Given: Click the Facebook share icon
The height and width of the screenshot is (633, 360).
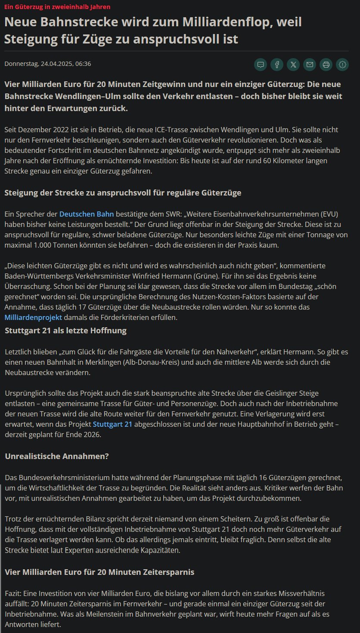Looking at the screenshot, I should (x=277, y=65).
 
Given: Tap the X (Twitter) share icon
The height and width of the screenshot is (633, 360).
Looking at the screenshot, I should (x=293, y=65).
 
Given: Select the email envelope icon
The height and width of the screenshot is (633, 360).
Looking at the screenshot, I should (x=310, y=65).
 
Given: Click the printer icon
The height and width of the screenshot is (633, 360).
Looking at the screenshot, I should (x=326, y=65).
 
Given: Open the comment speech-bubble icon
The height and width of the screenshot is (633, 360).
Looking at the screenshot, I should (x=261, y=65).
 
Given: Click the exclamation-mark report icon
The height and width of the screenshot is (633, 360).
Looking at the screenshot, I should (x=342, y=65).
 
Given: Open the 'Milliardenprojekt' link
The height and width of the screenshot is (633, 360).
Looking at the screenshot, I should (x=34, y=317).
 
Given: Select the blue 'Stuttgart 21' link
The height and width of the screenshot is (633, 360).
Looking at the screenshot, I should (x=112, y=424).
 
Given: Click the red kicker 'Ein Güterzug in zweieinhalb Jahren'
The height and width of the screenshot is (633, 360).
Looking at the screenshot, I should (x=57, y=7).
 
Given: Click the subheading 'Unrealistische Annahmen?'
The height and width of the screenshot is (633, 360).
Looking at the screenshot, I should (x=57, y=456).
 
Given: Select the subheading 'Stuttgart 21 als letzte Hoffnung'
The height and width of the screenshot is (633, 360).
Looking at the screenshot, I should (x=65, y=331).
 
